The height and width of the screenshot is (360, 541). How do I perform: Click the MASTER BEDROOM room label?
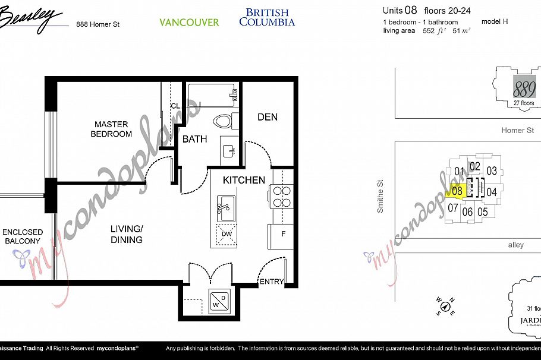111,129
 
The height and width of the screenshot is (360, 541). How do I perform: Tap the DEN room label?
268,117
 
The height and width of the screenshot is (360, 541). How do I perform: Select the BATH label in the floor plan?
194,139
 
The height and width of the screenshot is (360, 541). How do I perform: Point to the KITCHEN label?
244,180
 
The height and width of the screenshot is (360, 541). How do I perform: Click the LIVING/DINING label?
126,234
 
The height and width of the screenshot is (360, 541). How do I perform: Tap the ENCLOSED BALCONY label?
23,236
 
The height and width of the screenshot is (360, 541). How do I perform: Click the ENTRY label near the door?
271,282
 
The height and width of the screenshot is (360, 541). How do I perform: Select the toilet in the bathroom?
225,122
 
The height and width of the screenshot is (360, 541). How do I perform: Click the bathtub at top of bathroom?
212,94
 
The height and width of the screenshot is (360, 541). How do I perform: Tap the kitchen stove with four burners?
281,197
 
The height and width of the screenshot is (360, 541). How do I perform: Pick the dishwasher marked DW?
226,234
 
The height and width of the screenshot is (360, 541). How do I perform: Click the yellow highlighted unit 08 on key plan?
457,191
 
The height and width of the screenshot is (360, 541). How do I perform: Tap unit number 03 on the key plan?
491,171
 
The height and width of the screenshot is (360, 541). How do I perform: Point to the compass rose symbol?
445,307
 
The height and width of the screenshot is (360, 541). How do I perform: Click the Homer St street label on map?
517,130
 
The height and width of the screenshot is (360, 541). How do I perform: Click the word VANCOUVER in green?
189,23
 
